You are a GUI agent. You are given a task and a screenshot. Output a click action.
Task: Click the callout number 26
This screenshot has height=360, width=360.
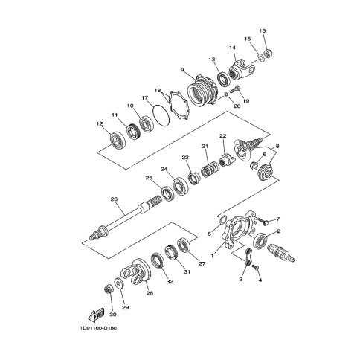coord(114,199)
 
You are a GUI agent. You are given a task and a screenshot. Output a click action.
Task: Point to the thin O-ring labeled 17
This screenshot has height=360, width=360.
coord(158,115)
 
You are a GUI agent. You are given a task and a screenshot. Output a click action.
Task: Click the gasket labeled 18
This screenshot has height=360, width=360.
coord(178,105)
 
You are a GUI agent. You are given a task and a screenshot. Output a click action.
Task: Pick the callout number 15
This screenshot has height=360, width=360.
coord(248,39)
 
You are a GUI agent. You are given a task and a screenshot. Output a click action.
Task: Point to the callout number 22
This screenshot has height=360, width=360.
coord(222,136)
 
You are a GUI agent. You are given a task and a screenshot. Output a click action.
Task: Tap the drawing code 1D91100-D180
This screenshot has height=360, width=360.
coord(97,331)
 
